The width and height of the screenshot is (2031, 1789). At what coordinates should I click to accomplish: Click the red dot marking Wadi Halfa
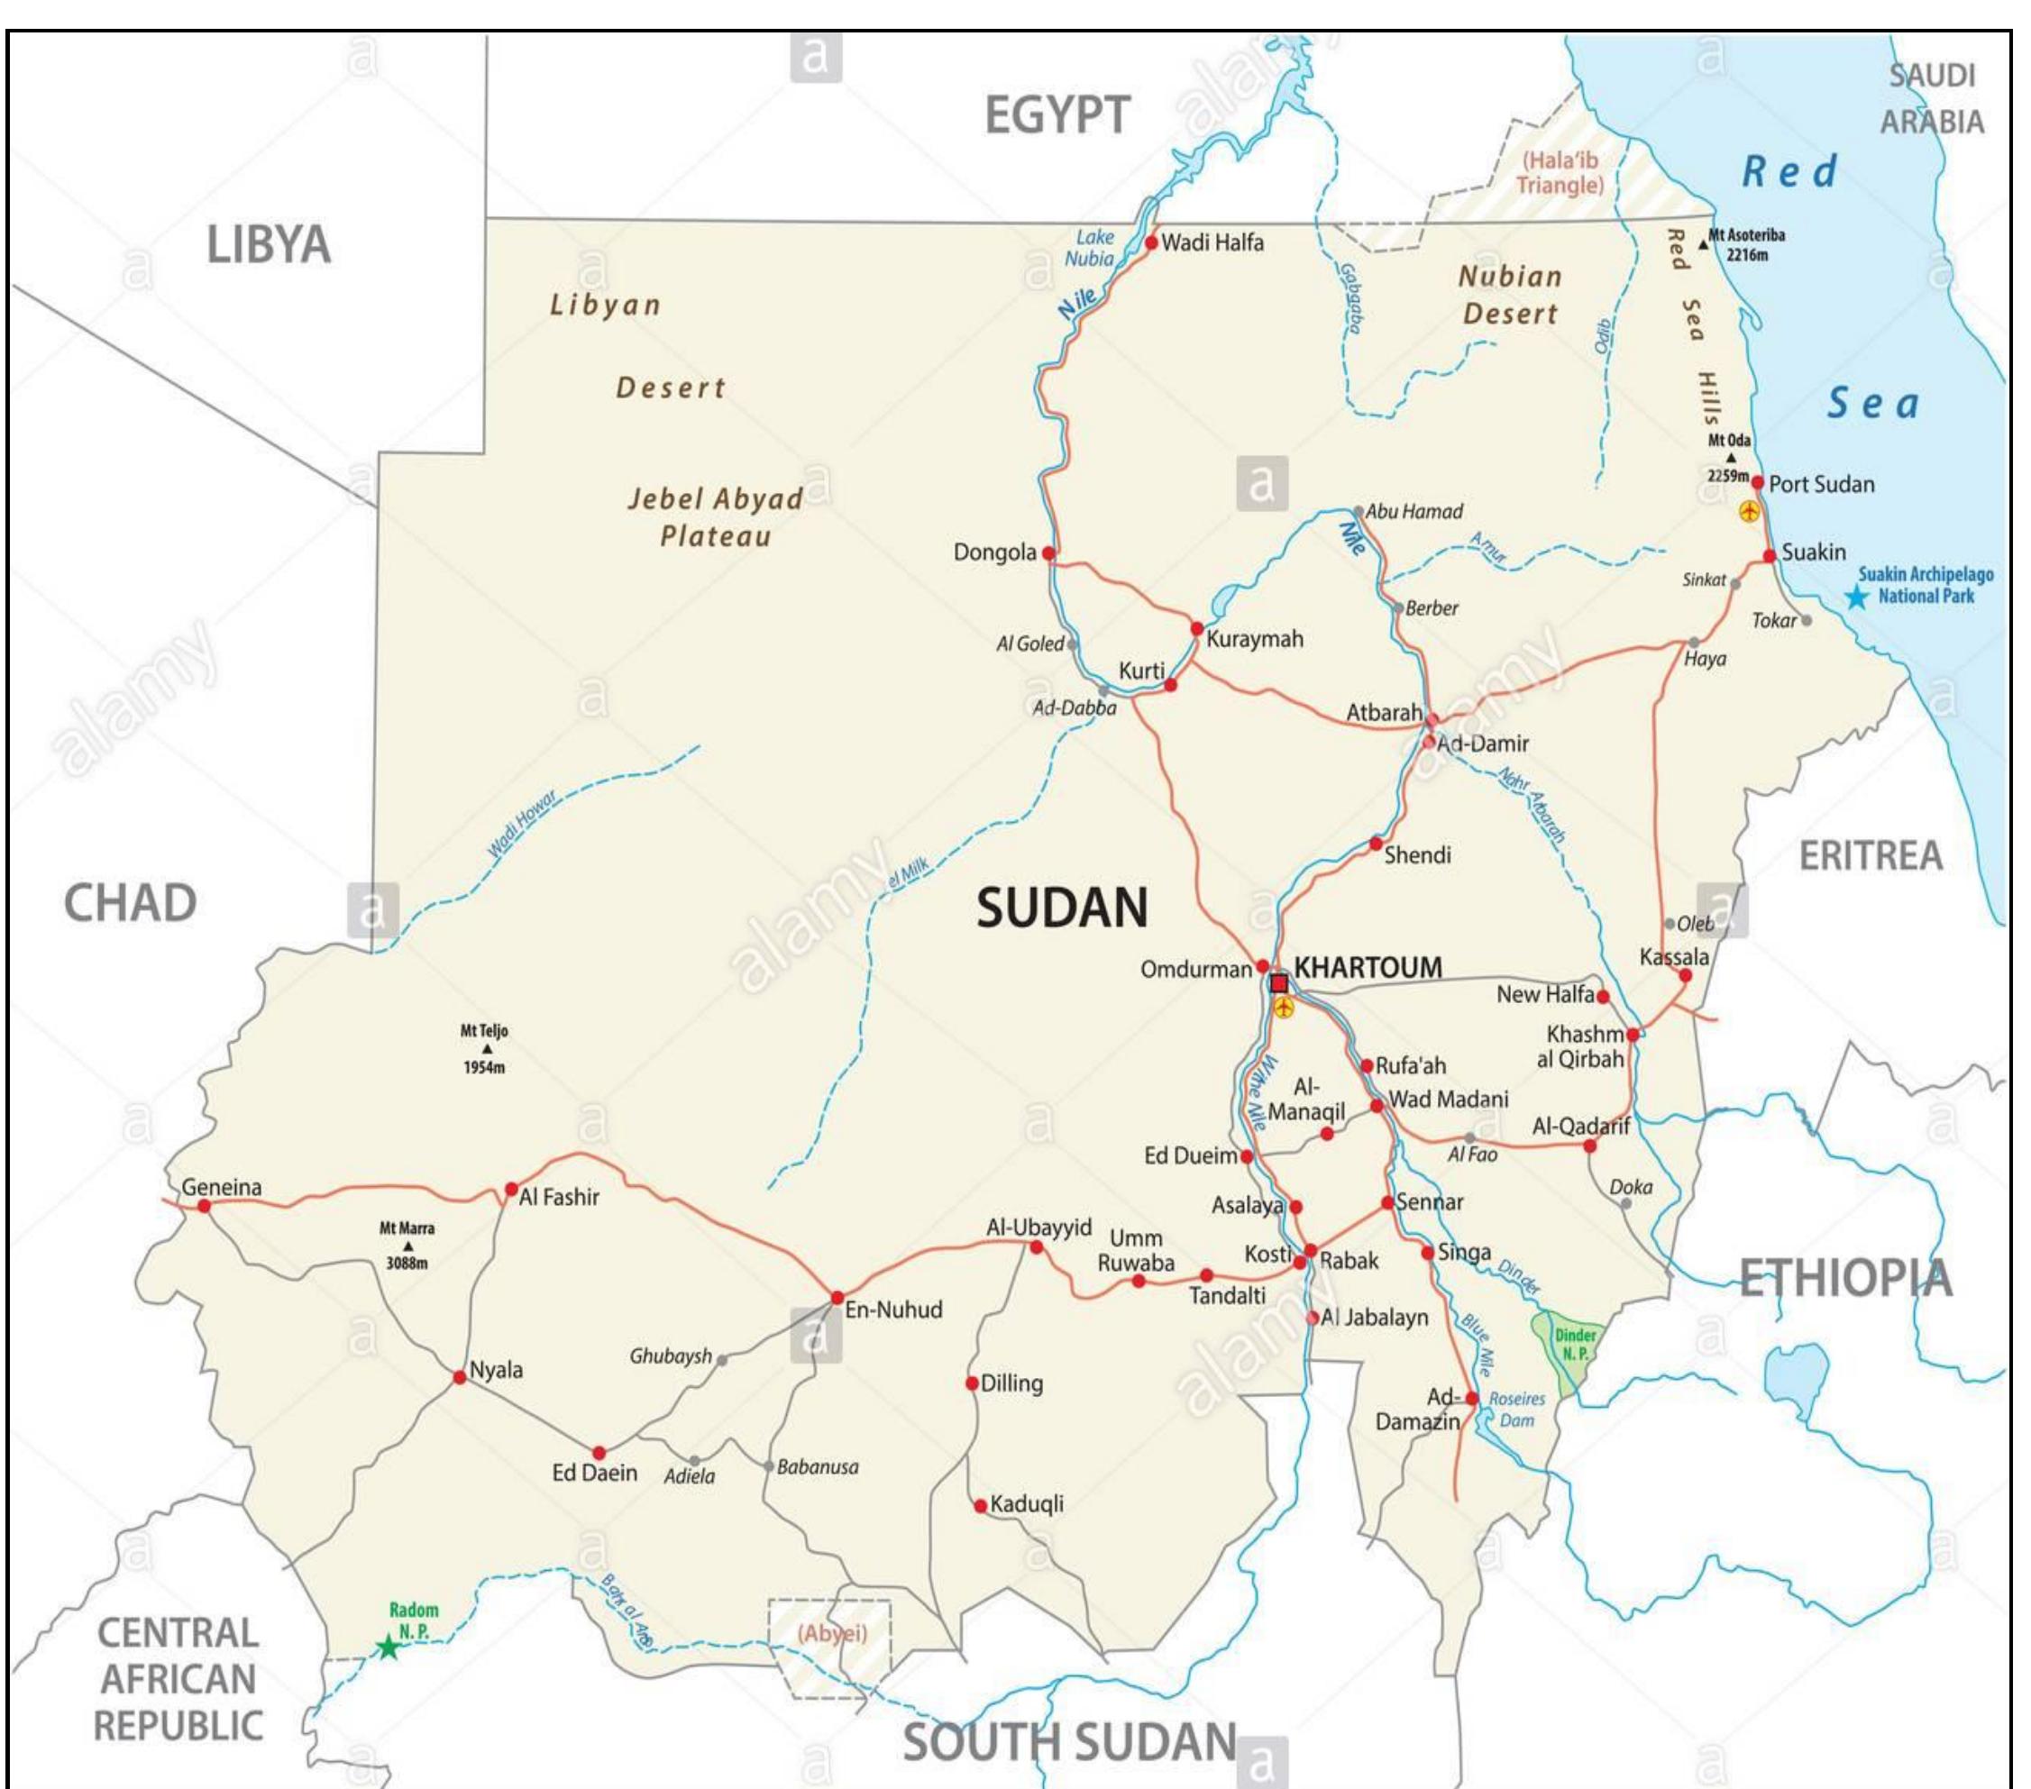pyautogui.click(x=1150, y=242)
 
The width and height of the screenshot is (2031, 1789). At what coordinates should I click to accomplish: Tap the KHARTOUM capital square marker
pyautogui.click(x=1279, y=983)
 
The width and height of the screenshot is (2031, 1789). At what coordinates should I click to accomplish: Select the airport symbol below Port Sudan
pyautogui.click(x=1749, y=512)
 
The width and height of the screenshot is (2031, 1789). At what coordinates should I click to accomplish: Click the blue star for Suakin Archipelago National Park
pyautogui.click(x=1856, y=597)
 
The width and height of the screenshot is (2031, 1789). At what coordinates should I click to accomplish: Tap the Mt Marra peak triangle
pyautogui.click(x=407, y=1246)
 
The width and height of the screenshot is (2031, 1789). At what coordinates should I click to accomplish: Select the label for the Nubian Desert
pyautogui.click(x=1509, y=295)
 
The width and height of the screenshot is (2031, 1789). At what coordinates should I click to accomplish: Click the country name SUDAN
pyautogui.click(x=1061, y=908)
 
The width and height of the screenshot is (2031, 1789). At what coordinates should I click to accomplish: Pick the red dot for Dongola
pyautogui.click(x=1048, y=553)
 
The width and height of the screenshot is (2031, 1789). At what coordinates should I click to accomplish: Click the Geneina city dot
pyautogui.click(x=204, y=1206)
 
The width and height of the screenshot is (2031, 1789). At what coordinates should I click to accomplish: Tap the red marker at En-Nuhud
pyautogui.click(x=837, y=1297)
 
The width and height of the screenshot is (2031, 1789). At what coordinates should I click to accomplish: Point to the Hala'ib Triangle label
pyautogui.click(x=1560, y=173)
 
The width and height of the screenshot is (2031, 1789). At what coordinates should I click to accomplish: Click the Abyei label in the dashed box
pyautogui.click(x=833, y=1634)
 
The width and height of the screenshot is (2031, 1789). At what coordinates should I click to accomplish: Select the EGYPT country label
pyautogui.click(x=1057, y=115)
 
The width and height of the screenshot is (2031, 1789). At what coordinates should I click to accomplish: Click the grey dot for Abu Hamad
pyautogui.click(x=1359, y=513)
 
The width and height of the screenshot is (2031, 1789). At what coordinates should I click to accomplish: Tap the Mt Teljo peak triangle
pyautogui.click(x=487, y=1049)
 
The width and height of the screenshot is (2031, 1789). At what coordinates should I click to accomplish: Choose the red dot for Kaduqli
pyautogui.click(x=980, y=1506)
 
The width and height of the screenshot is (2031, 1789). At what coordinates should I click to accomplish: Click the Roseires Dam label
pyautogui.click(x=1516, y=1409)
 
